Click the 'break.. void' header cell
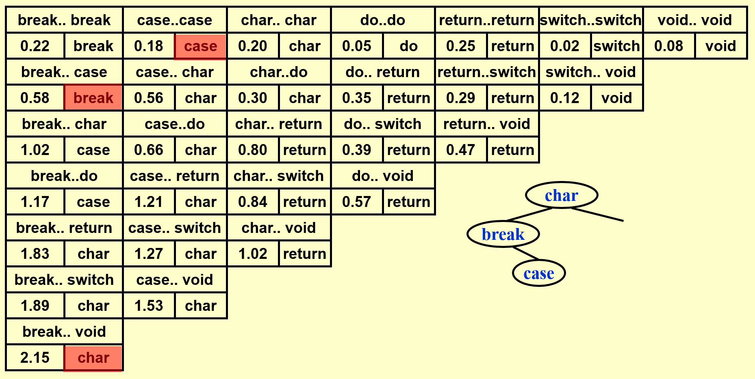point(64,332)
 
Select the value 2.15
point(35,357)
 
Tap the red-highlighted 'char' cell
point(93,357)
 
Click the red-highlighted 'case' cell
point(200,46)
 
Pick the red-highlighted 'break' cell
point(93,98)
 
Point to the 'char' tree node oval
point(562,195)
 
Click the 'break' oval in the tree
point(503,234)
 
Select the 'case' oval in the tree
point(539,273)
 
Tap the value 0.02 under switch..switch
point(564,46)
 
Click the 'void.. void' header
point(695,20)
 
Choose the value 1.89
point(35,306)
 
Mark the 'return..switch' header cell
point(487,72)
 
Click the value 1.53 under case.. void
point(149,306)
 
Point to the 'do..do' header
point(383,20)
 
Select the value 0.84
point(253,202)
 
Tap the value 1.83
point(35,254)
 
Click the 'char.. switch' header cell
point(279,176)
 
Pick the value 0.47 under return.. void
point(461,150)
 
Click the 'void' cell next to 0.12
point(616,98)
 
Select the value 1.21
point(149,202)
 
